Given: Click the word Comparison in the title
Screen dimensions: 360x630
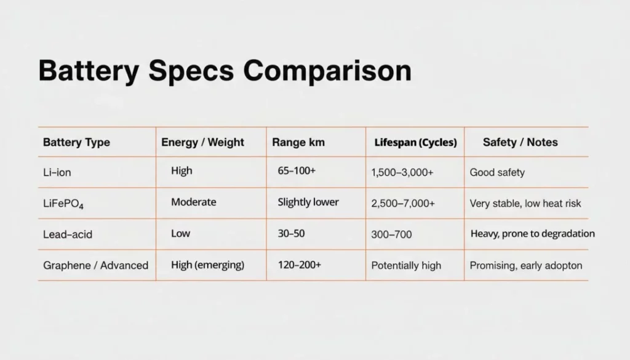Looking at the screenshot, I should coord(327,71).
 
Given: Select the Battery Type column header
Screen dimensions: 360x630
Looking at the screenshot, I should coord(76,142).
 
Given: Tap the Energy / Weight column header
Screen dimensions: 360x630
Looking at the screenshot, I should coord(202,142).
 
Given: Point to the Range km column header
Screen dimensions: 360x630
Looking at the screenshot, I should coord(298,142).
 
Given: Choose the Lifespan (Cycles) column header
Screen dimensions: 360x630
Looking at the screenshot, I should coord(415,142).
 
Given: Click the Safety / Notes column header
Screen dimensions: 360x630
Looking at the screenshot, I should coord(520,142).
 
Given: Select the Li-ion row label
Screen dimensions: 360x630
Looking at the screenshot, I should coord(57,172).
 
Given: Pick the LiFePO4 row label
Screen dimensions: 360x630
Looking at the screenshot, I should coord(63,203).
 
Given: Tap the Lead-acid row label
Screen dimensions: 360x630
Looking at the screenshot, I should coord(68,234).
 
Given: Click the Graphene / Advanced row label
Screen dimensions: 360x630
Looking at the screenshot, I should coord(95,265).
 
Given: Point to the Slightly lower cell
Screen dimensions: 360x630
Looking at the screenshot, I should coord(308,202).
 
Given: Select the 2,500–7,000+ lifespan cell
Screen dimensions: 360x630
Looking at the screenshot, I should coord(403,203).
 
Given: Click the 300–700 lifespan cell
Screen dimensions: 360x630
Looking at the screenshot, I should coord(391,234).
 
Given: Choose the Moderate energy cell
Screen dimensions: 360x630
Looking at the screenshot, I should coord(193,202).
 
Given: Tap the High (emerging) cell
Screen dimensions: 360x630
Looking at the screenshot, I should coord(207,265).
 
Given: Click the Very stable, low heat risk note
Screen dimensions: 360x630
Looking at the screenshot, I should coord(525,203).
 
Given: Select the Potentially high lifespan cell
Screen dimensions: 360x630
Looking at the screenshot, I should coord(406,265).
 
